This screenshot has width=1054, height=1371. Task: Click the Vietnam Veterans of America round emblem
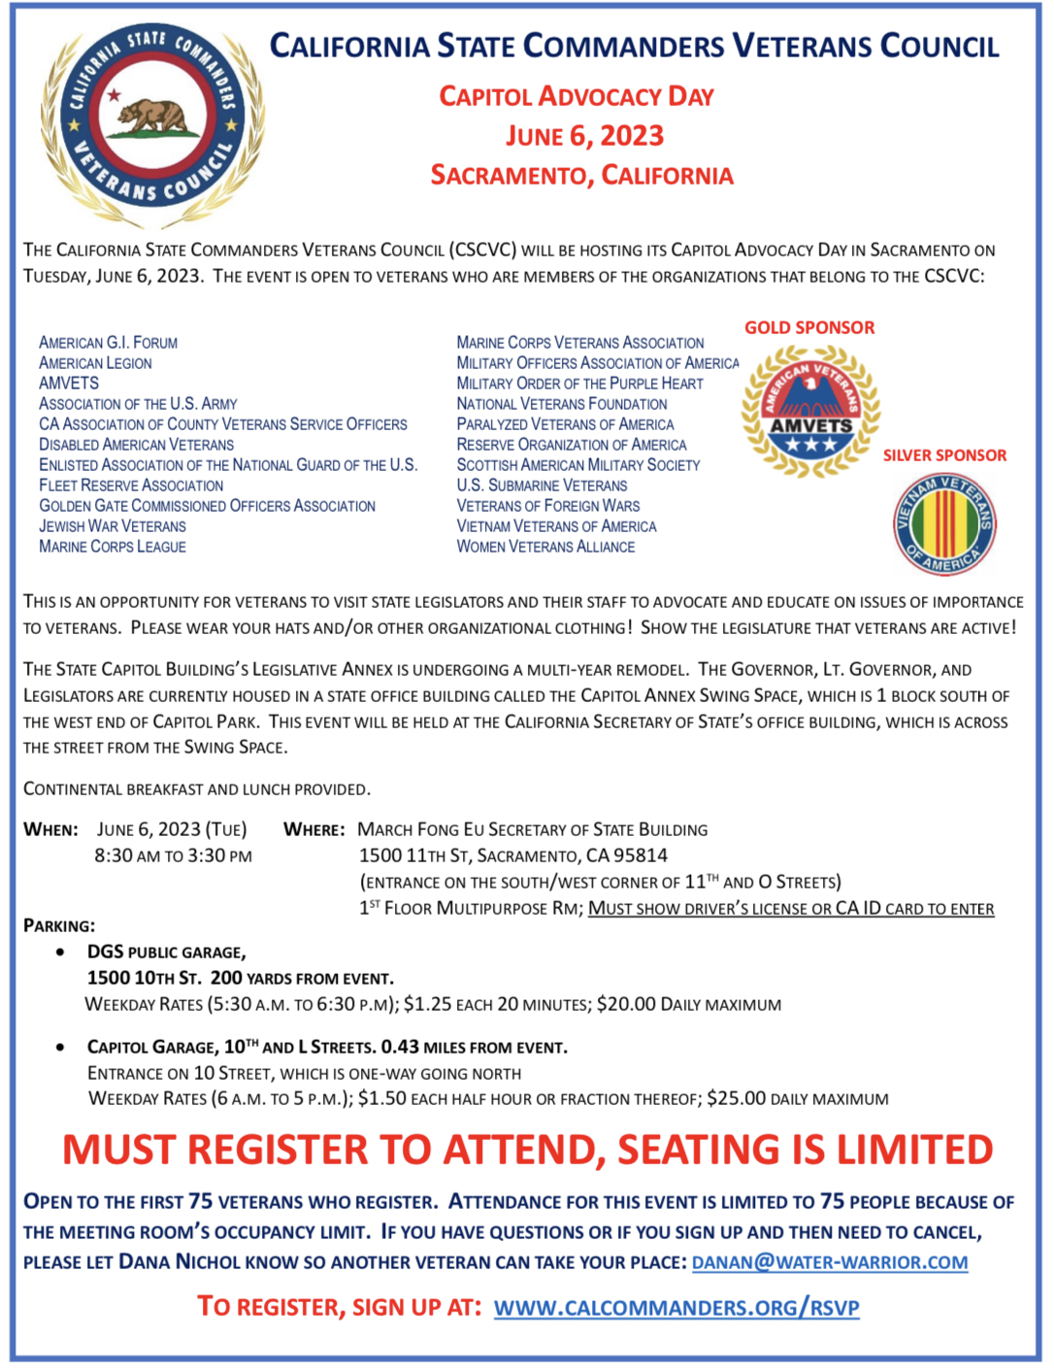click(944, 525)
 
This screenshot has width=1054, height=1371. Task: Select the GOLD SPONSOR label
click(809, 328)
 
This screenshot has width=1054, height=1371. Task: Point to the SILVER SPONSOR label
click(944, 455)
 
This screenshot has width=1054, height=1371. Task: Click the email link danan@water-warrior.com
click(830, 1262)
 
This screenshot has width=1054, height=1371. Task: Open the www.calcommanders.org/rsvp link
click(676, 1308)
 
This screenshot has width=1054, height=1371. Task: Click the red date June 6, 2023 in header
click(584, 136)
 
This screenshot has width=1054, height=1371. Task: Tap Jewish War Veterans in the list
click(113, 526)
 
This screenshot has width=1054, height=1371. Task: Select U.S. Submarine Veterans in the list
click(542, 485)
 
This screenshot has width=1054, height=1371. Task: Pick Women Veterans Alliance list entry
click(545, 547)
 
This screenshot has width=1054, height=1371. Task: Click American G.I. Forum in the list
click(108, 343)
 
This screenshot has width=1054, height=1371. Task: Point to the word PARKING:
click(59, 926)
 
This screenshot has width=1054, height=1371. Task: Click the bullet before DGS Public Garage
click(61, 953)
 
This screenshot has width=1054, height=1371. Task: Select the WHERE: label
click(313, 830)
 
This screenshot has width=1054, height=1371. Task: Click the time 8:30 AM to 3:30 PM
click(173, 856)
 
